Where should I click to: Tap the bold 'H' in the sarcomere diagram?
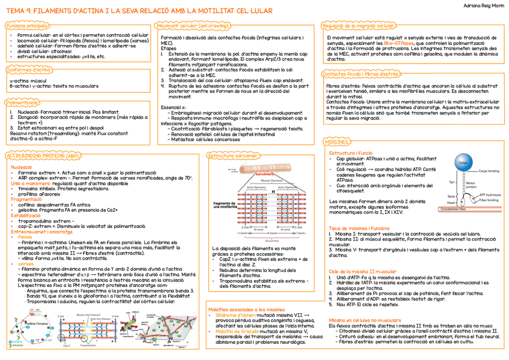272,191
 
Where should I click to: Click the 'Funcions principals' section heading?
27,26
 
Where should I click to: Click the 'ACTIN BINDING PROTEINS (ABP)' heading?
43,155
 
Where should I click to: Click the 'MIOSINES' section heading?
336,142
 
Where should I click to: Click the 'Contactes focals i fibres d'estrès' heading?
361,74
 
